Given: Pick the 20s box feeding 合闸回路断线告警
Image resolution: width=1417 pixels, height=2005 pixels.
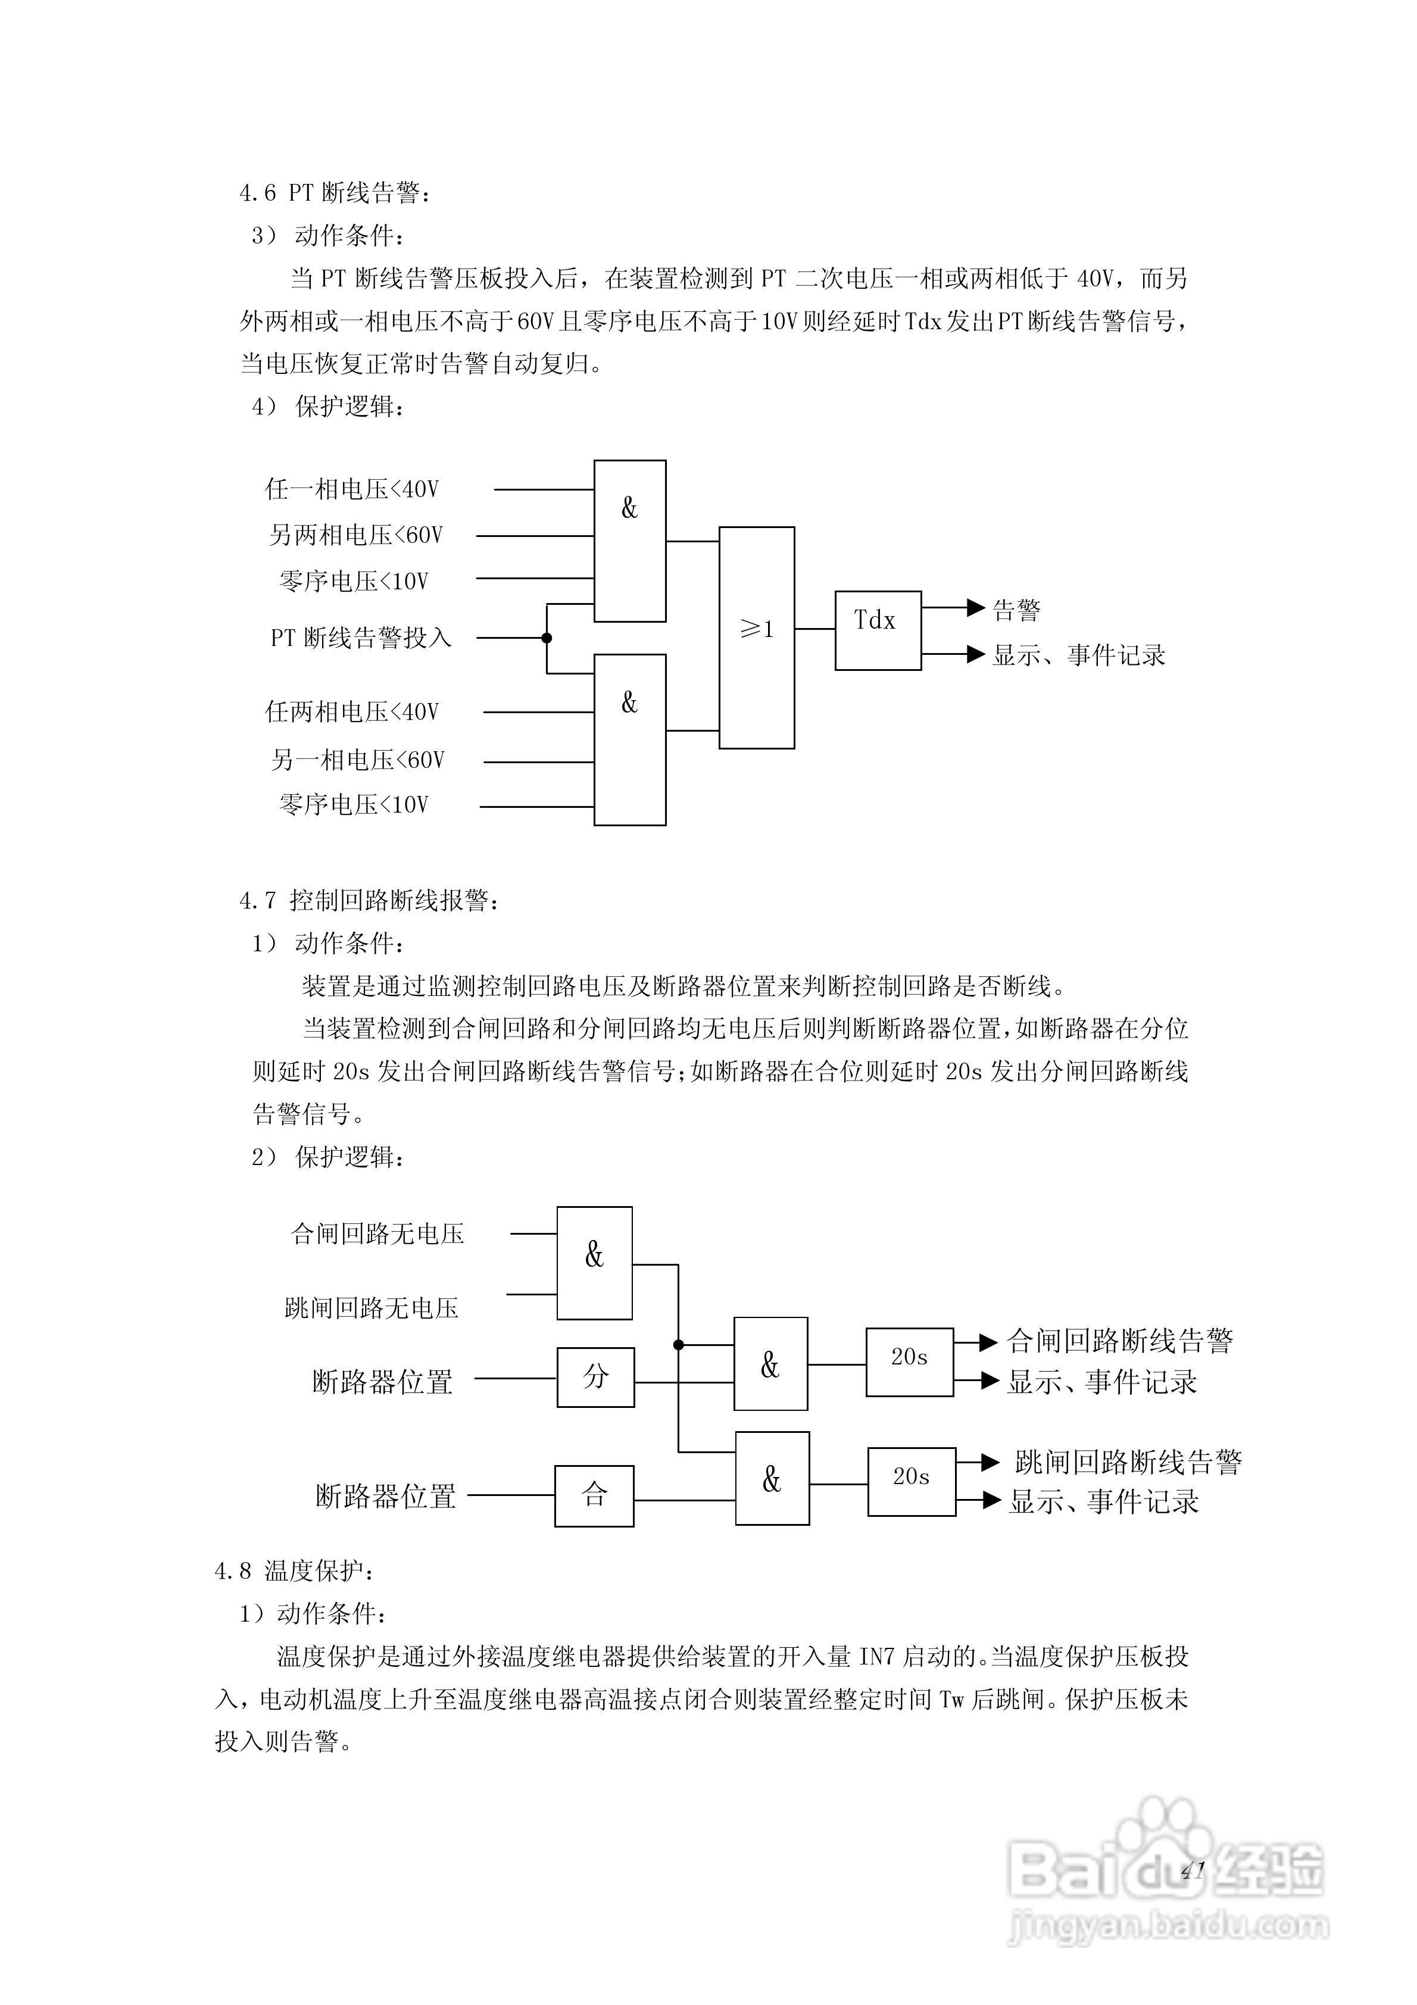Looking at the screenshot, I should coord(909,1361).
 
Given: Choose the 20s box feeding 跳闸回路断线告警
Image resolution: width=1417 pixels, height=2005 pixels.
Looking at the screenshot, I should coord(910,1481).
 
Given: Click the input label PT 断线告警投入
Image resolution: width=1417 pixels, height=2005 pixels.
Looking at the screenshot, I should coord(361,638).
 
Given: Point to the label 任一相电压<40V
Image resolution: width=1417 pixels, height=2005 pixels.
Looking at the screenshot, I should coord(351,489).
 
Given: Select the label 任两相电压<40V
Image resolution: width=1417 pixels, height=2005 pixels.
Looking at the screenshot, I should coord(351,713).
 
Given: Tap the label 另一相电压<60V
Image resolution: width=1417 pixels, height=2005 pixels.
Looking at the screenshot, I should coord(357,761).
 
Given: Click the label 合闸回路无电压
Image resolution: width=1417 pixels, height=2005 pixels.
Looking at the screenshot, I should coord(377,1234).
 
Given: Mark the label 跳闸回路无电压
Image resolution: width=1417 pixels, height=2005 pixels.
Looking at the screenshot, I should coord(372,1307).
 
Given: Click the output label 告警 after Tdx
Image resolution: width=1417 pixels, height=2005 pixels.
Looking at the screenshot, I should coord(1017,610).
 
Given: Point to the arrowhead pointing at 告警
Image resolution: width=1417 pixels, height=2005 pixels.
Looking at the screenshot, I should coord(976,608).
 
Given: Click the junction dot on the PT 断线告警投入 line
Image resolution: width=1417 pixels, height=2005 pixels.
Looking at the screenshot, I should coord(547,638).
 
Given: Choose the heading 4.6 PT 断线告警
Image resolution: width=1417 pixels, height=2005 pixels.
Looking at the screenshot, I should coord(335,193).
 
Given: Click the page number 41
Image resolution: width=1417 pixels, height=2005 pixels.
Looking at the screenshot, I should coord(1193,1870).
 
